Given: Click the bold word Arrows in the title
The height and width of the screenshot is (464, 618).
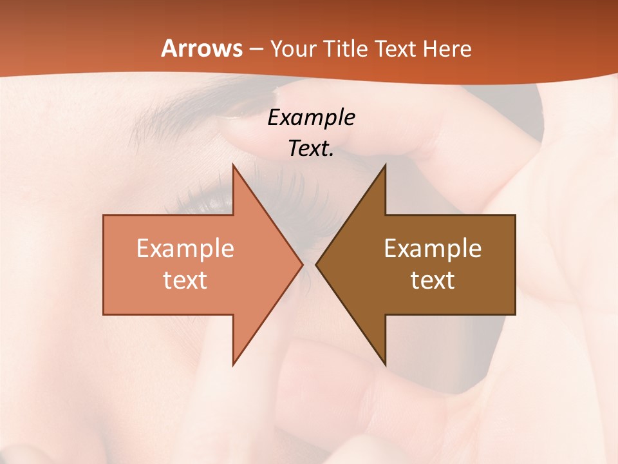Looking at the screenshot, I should tap(201, 49).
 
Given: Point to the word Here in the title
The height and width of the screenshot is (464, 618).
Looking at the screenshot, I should tap(447, 49).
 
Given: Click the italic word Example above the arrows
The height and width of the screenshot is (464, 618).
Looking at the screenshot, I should tap(311, 118).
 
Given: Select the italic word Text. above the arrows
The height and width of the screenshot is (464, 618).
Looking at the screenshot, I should tap(311, 149).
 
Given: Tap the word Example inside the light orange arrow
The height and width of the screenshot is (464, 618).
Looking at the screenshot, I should tap(185, 249).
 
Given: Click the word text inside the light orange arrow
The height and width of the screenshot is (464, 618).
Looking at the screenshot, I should tap(185, 280).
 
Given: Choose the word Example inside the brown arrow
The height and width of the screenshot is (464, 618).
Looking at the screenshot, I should tap(433, 249).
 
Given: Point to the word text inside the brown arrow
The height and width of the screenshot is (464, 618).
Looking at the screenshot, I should tap(433, 280).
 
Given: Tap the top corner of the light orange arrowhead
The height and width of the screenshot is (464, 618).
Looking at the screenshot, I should tap(234, 166).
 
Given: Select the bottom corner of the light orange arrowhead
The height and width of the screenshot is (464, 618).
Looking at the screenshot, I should tap(234, 364).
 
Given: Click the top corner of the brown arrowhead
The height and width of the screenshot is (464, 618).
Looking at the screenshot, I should tap(385, 166).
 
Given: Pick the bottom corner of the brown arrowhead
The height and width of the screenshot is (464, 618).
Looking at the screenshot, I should tap(385, 364).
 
